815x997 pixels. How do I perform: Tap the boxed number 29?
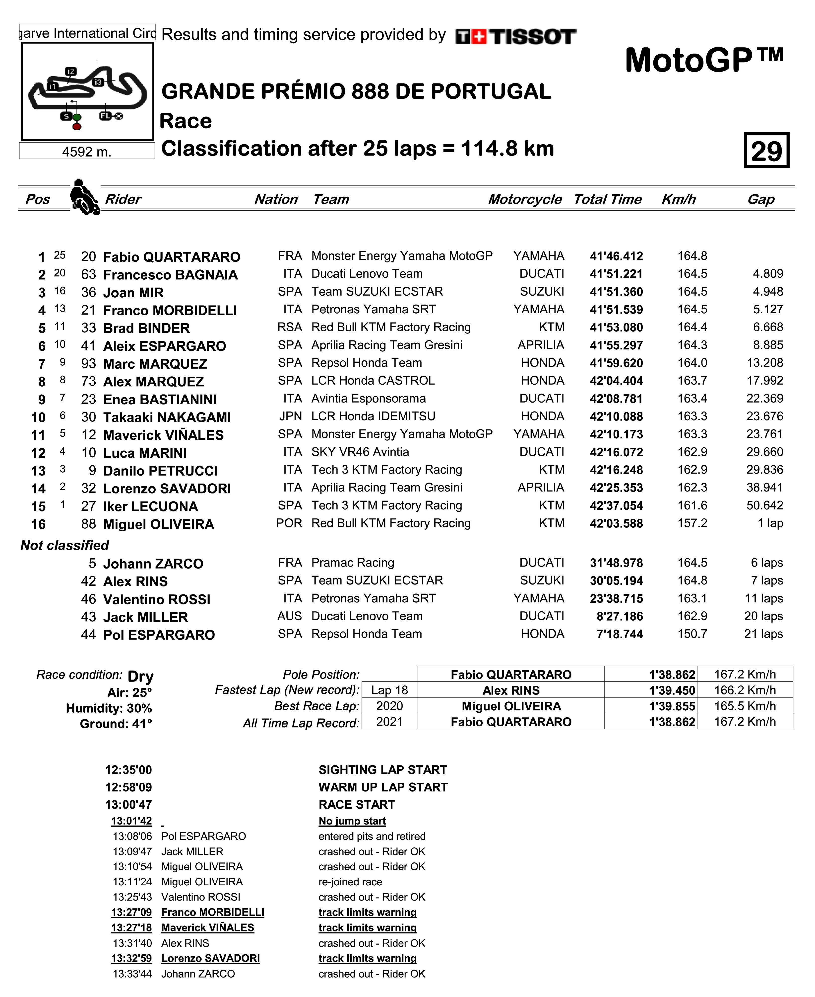tap(766, 151)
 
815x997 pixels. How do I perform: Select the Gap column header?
tap(760, 199)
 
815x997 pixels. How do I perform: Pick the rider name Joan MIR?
tap(133, 293)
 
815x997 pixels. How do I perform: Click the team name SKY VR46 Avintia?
tap(360, 452)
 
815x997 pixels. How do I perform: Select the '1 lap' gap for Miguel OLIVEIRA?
tap(770, 523)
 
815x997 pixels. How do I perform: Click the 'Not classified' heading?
tap(65, 546)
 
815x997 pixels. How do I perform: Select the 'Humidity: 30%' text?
tap(109, 708)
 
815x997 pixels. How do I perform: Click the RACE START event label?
tap(357, 805)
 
